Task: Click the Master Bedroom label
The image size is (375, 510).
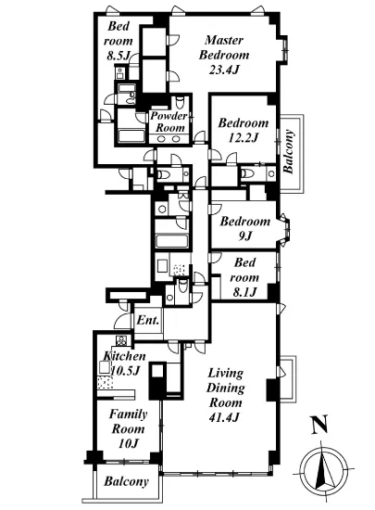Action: [224, 47]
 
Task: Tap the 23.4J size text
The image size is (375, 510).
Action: [224, 70]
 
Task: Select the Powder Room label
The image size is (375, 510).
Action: [169, 121]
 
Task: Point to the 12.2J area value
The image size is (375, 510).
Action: [244, 137]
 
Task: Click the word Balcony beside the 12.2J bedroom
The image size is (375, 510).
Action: [289, 151]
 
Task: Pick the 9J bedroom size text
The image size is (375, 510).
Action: [245, 236]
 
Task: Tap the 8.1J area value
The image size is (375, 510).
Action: [244, 292]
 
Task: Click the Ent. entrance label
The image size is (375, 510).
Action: [148, 320]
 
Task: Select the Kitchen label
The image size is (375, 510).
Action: [124, 356]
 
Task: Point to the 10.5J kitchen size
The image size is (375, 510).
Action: [125, 370]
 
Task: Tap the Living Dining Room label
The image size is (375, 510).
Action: [225, 388]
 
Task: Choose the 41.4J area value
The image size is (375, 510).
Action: [224, 416]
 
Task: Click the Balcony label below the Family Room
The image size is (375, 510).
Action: [126, 481]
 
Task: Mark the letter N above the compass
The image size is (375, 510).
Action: [319, 425]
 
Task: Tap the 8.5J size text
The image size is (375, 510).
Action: [119, 56]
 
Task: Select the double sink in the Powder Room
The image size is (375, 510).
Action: [169, 139]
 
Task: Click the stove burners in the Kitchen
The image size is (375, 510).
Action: [121, 341]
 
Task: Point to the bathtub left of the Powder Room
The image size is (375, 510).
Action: [131, 135]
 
